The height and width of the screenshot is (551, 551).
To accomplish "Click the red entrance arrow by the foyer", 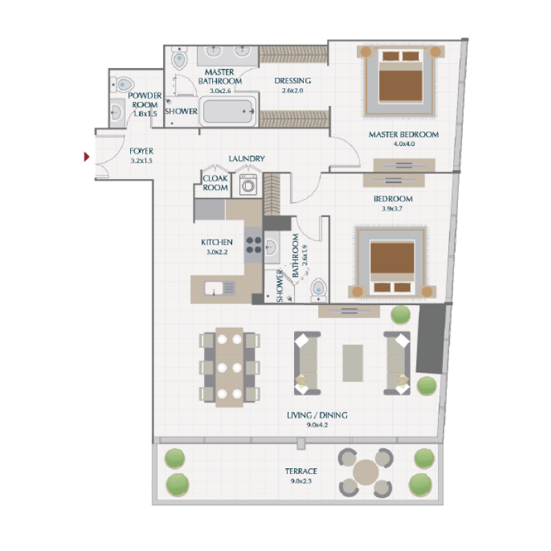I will (x=86, y=157).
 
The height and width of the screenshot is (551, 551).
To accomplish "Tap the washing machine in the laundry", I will (x=248, y=185).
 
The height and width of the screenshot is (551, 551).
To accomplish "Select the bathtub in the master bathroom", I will (x=228, y=110).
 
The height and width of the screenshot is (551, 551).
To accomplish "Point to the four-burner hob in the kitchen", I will (x=253, y=245).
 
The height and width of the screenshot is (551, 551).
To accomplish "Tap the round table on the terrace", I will (x=366, y=472).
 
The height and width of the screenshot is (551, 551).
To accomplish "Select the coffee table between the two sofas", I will (x=353, y=362).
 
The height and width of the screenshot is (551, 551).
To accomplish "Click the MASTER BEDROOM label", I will (x=404, y=134).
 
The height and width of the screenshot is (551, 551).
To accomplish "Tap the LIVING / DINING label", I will (x=317, y=415).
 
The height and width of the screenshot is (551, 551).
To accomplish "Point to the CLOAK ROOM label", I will (x=215, y=183).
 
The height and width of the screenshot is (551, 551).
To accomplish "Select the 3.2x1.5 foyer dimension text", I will (x=141, y=160).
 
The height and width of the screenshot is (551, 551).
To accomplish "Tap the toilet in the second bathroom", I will (x=319, y=290).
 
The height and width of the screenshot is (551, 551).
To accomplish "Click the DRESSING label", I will (x=293, y=80).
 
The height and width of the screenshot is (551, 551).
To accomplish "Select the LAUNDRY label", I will (x=247, y=159).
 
